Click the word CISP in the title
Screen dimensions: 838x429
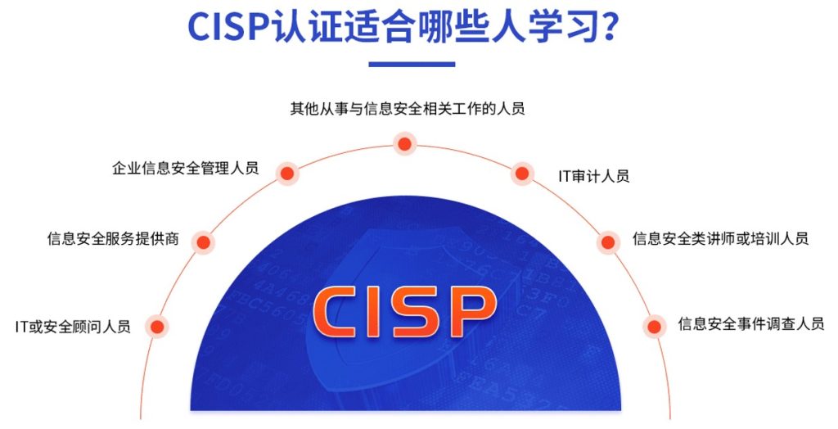(228, 27)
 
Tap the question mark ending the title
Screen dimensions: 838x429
(609, 27)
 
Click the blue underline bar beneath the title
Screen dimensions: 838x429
(412, 64)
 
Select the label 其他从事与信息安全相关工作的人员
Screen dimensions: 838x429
(408, 109)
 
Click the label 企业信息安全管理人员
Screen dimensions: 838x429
(186, 168)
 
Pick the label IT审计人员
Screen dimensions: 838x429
(594, 176)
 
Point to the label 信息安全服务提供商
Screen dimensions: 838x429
(113, 238)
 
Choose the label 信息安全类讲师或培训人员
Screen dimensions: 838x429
(720, 238)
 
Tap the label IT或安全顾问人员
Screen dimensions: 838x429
(73, 327)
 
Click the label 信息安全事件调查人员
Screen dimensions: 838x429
(751, 323)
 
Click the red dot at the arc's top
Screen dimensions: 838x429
(404, 144)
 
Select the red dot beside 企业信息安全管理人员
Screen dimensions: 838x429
(287, 174)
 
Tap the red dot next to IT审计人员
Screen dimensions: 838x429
(521, 174)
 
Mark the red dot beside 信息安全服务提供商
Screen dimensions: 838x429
(203, 242)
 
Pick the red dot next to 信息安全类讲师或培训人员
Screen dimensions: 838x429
(608, 242)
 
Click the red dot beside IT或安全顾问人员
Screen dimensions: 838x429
(157, 327)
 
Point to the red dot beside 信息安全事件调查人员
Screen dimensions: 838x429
(654, 327)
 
